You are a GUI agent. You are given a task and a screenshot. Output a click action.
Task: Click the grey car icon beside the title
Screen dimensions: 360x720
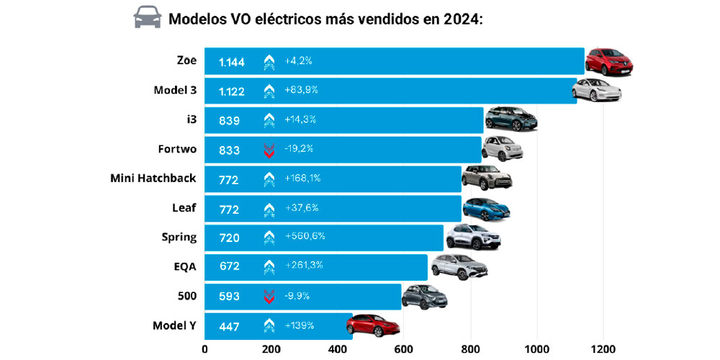coord(148,17)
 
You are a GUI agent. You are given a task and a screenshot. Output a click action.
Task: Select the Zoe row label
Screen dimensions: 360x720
coord(186,60)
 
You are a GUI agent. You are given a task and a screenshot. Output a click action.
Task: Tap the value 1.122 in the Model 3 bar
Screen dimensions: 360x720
coord(232,91)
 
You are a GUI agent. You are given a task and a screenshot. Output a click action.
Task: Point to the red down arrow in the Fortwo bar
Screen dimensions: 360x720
coord(269,150)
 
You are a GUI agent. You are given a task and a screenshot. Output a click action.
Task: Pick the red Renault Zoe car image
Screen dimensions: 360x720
coord(608,62)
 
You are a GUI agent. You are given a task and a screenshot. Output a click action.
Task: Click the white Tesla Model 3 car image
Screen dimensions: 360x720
coord(596,91)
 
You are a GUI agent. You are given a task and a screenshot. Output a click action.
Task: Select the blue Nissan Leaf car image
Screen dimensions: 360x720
coord(486,209)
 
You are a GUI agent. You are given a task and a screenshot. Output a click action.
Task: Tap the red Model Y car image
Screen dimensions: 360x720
coord(372,325)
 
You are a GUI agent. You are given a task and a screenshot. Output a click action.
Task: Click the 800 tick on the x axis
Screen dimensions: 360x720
coord(470,349)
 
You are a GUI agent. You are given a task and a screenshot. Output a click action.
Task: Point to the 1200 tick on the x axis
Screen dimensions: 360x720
coord(603,349)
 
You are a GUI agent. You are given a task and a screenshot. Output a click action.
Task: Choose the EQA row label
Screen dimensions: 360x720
coord(185,266)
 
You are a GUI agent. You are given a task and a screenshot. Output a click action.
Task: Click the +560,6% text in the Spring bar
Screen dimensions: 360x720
coord(305,236)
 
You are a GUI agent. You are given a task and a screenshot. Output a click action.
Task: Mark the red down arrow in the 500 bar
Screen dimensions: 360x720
coord(269,296)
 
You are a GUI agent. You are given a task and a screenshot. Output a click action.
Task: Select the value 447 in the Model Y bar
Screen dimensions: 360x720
coord(229,325)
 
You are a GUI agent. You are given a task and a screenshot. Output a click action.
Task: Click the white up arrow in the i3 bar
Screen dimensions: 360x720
coord(269,120)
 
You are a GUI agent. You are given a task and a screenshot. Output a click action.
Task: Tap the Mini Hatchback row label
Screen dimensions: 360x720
coord(153,178)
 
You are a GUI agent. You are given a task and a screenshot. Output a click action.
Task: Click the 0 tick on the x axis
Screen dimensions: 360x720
coord(204,349)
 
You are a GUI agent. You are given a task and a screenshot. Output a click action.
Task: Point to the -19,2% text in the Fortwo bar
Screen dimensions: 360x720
coord(299,148)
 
